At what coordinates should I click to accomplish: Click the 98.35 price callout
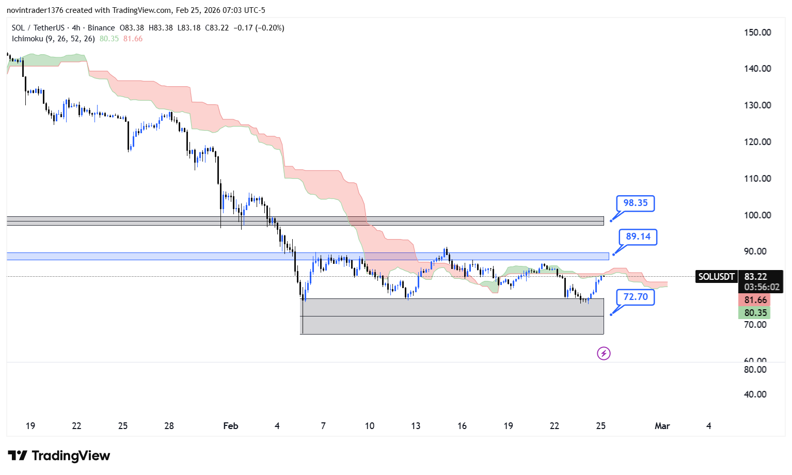(x=635, y=203)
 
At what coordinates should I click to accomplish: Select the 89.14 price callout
(x=638, y=236)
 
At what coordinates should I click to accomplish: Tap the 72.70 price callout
(x=635, y=297)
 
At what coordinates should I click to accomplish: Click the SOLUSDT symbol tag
(x=716, y=277)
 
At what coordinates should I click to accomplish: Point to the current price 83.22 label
(x=755, y=277)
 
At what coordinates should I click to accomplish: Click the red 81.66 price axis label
(x=755, y=300)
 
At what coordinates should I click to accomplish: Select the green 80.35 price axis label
(x=755, y=312)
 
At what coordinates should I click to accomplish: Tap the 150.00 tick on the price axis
(x=757, y=33)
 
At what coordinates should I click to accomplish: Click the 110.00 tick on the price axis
(x=757, y=179)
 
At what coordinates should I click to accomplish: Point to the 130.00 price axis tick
(x=757, y=105)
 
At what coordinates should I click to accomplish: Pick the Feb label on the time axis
(x=230, y=426)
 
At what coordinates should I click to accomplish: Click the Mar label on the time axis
(x=662, y=426)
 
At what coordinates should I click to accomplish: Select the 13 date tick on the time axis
(x=416, y=426)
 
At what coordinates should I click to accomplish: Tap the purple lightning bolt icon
(x=604, y=353)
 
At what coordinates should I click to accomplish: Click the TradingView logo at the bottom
(x=59, y=455)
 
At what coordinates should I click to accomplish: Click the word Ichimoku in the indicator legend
(x=27, y=39)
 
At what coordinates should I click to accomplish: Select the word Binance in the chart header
(x=101, y=28)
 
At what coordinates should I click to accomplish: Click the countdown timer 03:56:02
(x=762, y=287)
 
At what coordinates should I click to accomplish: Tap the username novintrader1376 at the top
(x=35, y=10)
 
